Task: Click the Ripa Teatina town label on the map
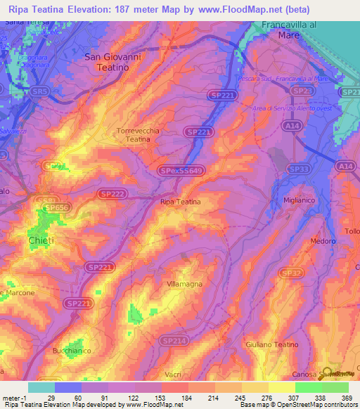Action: click(x=180, y=202)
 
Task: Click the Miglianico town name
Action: click(x=302, y=201)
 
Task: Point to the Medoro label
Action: click(x=323, y=241)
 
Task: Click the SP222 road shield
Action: click(x=114, y=193)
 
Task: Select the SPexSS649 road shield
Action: click(x=181, y=170)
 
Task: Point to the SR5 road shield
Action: click(x=41, y=91)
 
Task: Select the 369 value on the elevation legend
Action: click(x=347, y=398)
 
